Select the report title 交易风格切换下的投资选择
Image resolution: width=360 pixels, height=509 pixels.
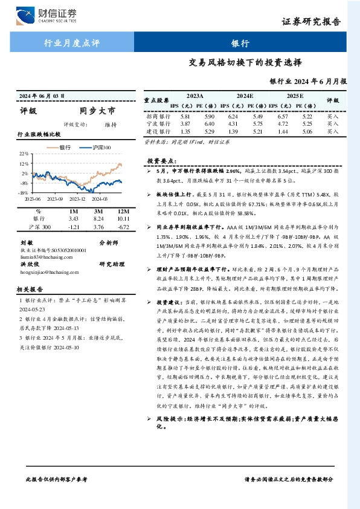(245, 62)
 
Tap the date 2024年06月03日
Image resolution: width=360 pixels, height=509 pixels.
(42, 96)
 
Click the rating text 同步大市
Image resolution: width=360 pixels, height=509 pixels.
(97, 111)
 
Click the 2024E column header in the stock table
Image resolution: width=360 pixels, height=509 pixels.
(245, 96)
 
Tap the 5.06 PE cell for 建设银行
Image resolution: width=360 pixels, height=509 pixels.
(307, 131)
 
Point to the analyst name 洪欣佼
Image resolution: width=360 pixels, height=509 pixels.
(30, 264)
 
